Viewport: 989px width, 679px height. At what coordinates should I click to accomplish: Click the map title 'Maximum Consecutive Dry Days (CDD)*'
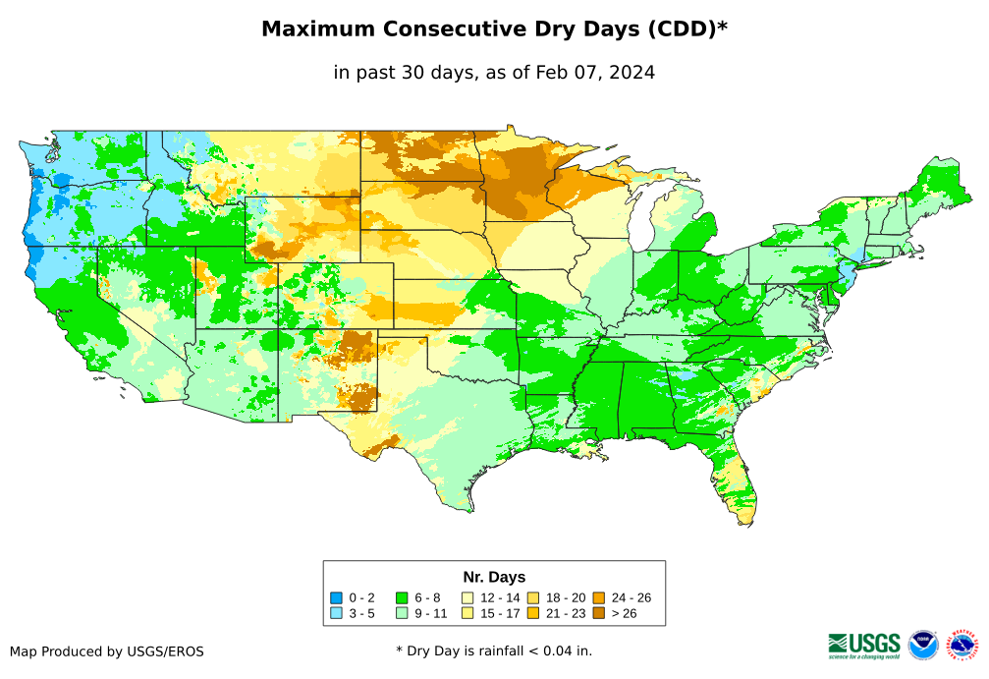point(494,29)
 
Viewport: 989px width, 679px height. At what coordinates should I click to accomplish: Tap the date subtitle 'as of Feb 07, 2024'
point(565,73)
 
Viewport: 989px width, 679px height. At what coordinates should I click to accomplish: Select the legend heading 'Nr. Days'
point(494,577)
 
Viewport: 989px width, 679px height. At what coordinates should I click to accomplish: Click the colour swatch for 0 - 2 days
point(336,597)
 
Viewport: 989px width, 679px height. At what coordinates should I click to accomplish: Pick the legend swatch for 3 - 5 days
point(336,613)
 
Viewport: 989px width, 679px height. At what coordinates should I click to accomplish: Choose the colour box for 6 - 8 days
point(402,597)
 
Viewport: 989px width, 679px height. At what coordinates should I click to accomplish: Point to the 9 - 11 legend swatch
point(402,613)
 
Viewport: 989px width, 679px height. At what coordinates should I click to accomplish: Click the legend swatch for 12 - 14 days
point(467,597)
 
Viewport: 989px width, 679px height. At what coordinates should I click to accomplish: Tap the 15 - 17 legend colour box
point(467,613)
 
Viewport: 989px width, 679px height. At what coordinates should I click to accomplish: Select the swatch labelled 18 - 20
point(532,597)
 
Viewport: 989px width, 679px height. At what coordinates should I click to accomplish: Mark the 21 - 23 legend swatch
point(532,613)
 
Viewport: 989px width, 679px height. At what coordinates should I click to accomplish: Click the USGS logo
point(864,645)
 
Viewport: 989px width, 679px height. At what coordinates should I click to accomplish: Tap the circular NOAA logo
point(923,646)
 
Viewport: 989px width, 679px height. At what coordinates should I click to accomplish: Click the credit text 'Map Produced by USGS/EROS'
point(107,651)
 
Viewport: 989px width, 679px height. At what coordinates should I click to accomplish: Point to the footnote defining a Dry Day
point(494,651)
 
